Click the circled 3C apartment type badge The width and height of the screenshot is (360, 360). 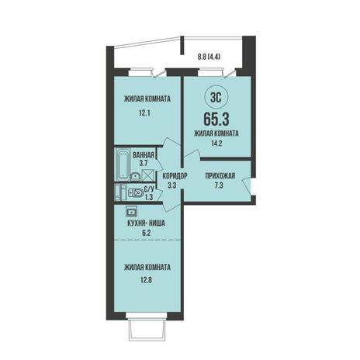coord(216,98)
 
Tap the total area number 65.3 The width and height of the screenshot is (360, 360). coord(216,119)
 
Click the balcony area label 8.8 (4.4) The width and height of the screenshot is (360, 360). coord(209,57)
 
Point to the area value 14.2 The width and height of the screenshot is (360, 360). coord(216,144)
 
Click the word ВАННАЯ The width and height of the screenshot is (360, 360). coord(144,155)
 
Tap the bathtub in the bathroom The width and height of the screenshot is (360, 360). coord(123,164)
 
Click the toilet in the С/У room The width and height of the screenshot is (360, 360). coord(136,193)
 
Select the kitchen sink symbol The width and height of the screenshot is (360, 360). coord(131,211)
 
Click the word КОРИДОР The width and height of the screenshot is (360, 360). coord(175,176)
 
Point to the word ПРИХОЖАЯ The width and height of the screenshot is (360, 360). coord(220,176)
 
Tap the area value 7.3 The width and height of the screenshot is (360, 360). coord(219,185)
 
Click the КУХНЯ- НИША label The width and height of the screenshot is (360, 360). coord(147,223)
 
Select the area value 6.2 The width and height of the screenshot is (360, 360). coord(146,233)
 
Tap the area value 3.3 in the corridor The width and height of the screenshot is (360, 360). coord(175,185)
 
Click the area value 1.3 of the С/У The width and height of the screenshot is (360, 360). coord(149,197)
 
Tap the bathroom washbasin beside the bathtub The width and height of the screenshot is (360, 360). coord(136,177)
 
